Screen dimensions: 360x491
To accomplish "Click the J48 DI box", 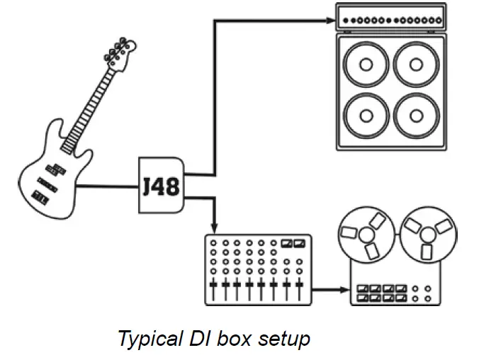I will [161, 186].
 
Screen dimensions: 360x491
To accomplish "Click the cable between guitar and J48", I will [106, 187].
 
